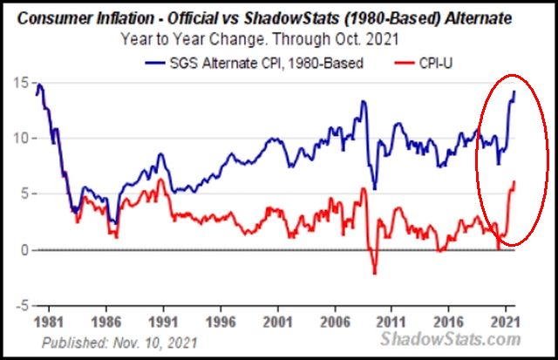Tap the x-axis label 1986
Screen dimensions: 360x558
click(x=108, y=320)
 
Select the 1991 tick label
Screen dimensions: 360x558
click(x=165, y=320)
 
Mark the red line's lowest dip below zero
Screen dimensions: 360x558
click(x=375, y=273)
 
